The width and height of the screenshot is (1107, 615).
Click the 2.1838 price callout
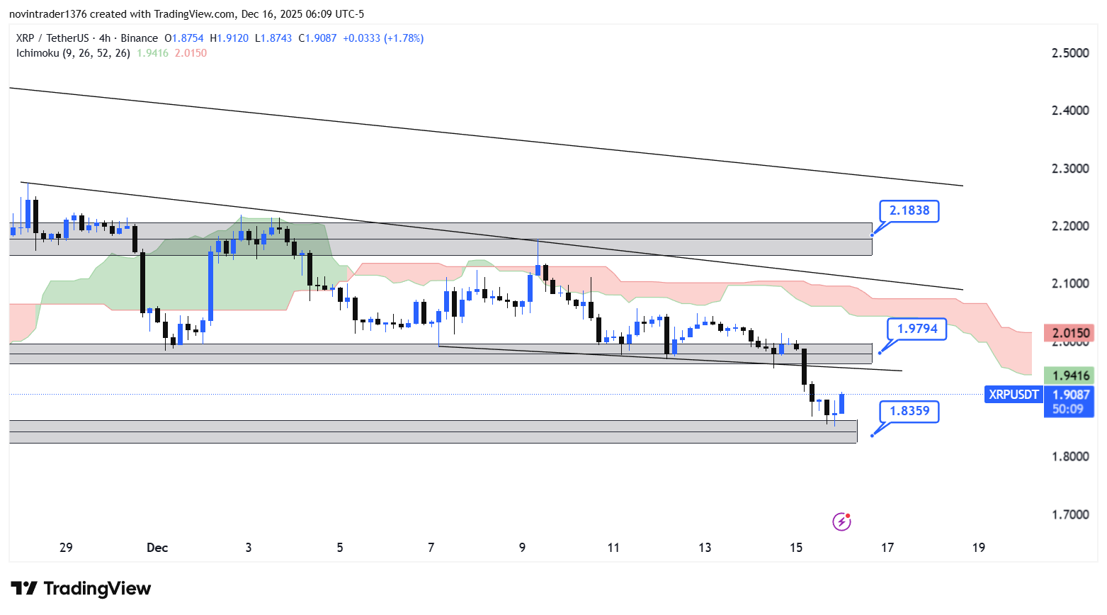(x=909, y=210)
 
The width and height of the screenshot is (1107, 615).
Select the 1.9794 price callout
(x=916, y=329)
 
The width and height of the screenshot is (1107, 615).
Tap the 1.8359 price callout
(x=909, y=411)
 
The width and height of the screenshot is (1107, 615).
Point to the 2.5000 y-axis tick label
(x=1070, y=53)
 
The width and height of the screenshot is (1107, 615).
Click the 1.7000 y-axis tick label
(x=1070, y=514)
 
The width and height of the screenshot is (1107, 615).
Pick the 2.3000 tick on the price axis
(x=1070, y=169)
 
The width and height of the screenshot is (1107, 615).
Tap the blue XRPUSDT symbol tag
(x=1014, y=395)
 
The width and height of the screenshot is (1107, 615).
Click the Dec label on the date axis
(x=157, y=548)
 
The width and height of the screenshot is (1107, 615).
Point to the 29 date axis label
(x=66, y=548)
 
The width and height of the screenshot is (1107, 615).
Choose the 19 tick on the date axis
(x=978, y=548)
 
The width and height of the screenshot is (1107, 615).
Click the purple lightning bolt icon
(x=841, y=522)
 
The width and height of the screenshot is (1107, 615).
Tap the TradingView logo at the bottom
(x=81, y=589)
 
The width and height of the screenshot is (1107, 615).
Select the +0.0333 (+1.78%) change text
(x=383, y=38)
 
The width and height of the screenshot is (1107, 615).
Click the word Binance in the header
(x=139, y=38)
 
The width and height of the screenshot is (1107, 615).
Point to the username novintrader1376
(x=48, y=14)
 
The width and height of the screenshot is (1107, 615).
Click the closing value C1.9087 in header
(x=317, y=38)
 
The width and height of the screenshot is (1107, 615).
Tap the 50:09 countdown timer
(x=1067, y=409)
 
